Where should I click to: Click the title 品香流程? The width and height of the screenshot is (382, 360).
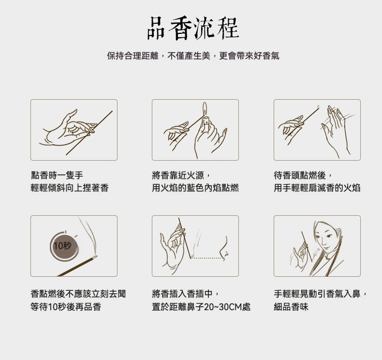pyautogui.click(x=193, y=28)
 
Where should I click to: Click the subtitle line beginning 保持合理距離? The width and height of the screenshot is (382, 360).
pyautogui.click(x=193, y=56)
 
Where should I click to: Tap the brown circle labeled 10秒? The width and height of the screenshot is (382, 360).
pyautogui.click(x=64, y=246)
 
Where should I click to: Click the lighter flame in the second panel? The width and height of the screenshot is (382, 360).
pyautogui.click(x=205, y=109)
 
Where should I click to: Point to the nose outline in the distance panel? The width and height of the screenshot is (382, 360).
pyautogui.click(x=224, y=249)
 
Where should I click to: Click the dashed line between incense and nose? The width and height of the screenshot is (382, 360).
pyautogui.click(x=207, y=258)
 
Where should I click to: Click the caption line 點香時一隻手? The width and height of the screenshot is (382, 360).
pyautogui.click(x=57, y=175)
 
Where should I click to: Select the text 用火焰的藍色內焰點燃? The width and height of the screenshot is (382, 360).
pyautogui.click(x=195, y=188)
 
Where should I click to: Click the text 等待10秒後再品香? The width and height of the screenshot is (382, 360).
pyautogui.click(x=66, y=307)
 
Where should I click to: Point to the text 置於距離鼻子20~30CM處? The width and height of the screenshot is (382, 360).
pyautogui.click(x=201, y=307)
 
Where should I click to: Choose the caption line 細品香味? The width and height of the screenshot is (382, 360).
pyautogui.click(x=291, y=307)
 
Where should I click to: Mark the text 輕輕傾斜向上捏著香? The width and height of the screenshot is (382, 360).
pyautogui.click(x=70, y=188)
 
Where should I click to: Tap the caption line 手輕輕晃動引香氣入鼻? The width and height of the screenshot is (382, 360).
pyautogui.click(x=320, y=294)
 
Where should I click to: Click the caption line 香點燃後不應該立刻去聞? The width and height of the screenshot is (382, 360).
pyautogui.click(x=78, y=294)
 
